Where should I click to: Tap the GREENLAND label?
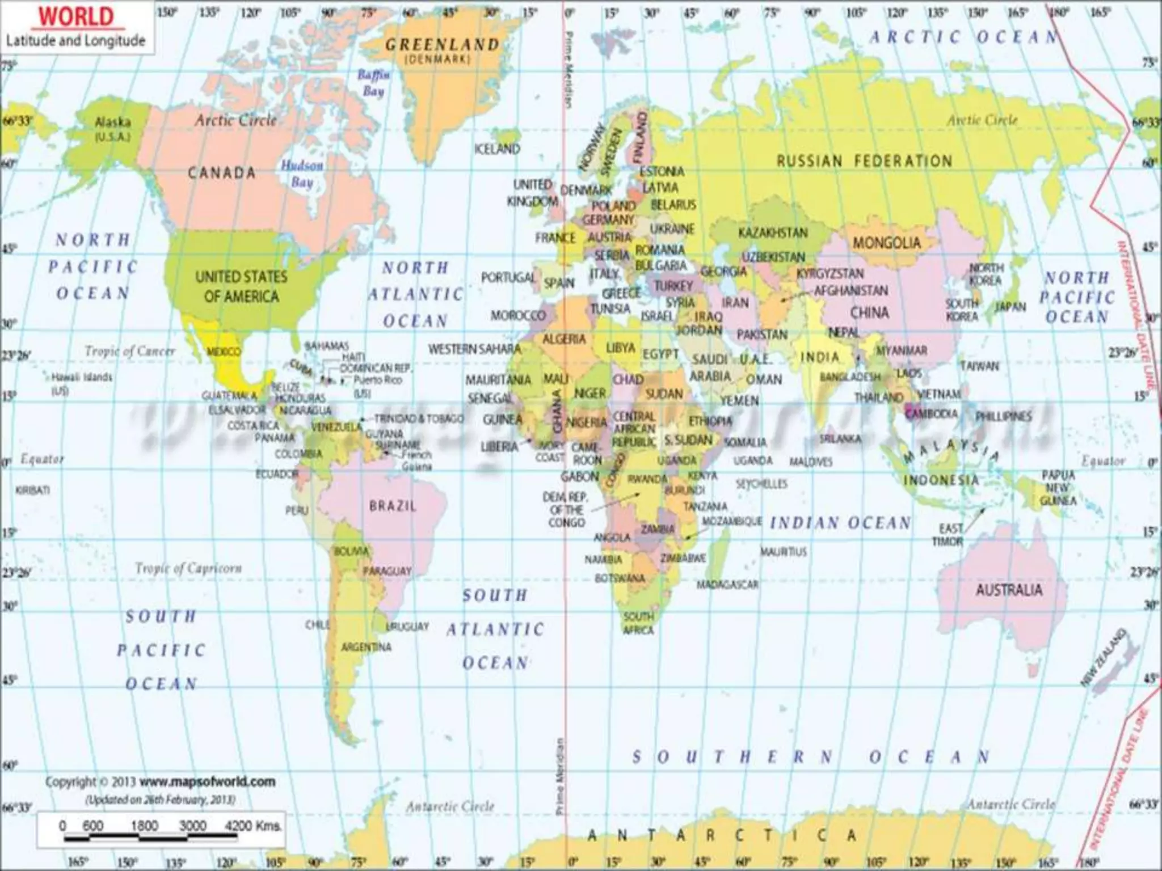click(442, 44)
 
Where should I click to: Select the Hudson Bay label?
click(302, 174)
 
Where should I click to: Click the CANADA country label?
click(222, 173)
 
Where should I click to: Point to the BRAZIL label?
click(393, 505)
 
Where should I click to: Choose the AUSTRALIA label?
click(1009, 590)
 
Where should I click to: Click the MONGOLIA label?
click(886, 243)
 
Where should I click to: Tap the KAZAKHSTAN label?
click(773, 232)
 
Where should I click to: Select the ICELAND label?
click(497, 149)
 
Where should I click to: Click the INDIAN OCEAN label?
click(840, 523)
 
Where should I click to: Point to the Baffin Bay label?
click(373, 83)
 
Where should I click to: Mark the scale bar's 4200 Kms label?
click(253, 826)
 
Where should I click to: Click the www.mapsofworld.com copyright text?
click(207, 782)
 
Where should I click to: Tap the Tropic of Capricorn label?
click(188, 568)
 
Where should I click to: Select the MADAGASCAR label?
click(727, 585)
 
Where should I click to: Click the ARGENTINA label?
click(366, 647)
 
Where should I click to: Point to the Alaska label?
click(112, 122)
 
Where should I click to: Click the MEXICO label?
click(224, 352)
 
